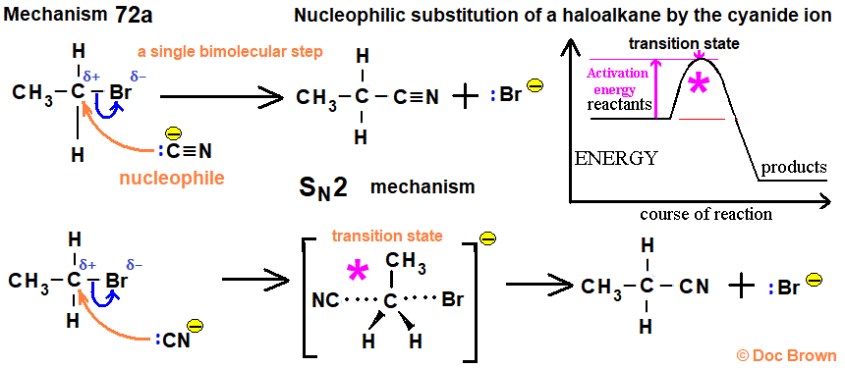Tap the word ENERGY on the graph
617,157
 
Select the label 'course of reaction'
705,213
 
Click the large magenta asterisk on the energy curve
699,86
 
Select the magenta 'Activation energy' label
619,80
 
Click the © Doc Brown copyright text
786,354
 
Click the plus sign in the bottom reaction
742,287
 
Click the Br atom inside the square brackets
453,299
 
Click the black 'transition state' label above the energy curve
684,43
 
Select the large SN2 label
323,186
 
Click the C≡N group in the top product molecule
414,96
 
